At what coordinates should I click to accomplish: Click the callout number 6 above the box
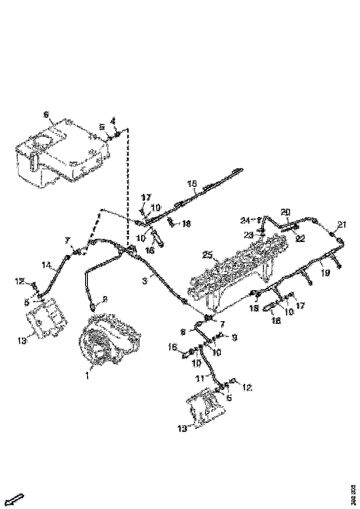(46, 114)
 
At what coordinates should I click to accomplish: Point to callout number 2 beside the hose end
(105, 300)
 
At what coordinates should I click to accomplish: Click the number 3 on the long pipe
(144, 281)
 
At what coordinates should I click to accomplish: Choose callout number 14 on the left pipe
(46, 266)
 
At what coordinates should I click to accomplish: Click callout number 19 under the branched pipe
(326, 273)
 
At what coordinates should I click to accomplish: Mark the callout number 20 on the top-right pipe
(286, 211)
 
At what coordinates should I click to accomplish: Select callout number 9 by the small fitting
(235, 338)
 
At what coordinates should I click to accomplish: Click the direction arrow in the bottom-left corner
(17, 499)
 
